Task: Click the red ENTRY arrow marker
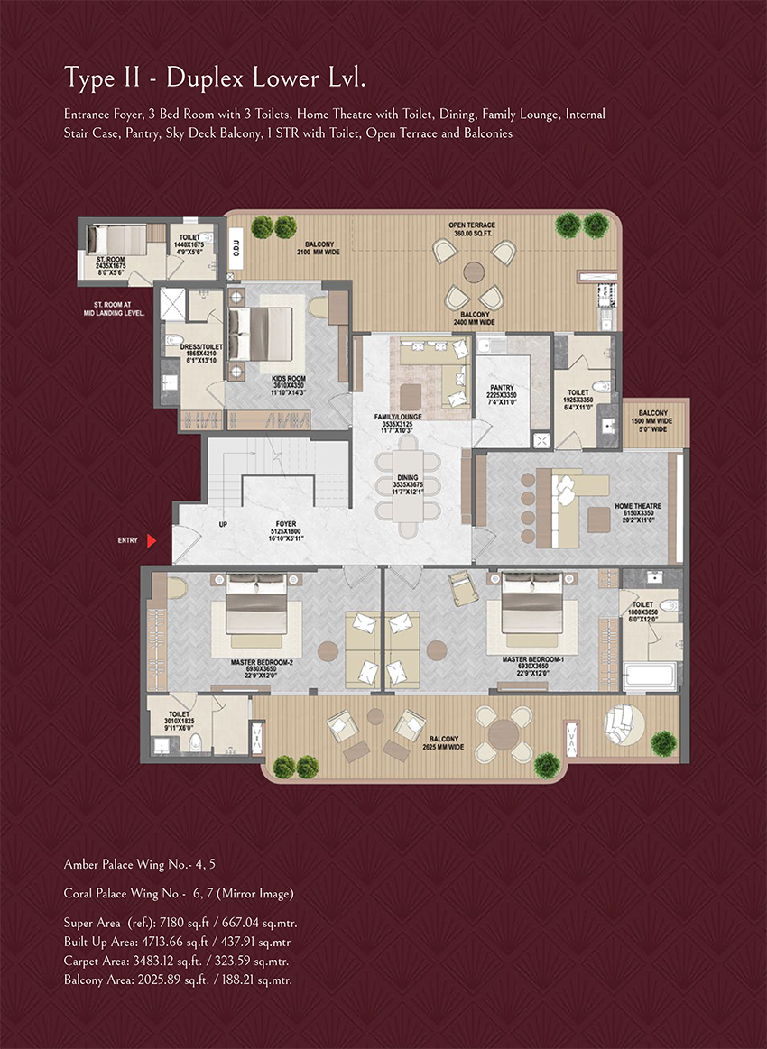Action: pyautogui.click(x=152, y=540)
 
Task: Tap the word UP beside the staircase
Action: pyautogui.click(x=222, y=524)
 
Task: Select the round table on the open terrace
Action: pyautogui.click(x=474, y=272)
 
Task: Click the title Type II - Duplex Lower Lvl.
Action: pyautogui.click(x=215, y=78)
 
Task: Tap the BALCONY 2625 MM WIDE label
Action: pyautogui.click(x=443, y=743)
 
